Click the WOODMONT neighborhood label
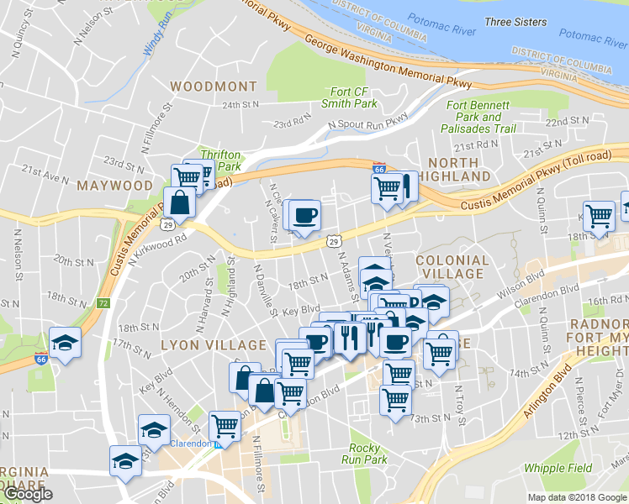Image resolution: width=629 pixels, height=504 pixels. [213, 87]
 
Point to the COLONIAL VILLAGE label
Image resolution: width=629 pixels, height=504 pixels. [451, 267]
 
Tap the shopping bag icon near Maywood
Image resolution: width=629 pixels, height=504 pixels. [181, 202]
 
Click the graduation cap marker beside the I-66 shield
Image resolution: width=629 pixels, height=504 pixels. [65, 343]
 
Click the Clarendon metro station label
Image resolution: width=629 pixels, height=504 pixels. [189, 443]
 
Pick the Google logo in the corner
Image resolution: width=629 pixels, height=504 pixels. [28, 494]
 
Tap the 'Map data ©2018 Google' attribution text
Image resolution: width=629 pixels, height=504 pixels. [577, 497]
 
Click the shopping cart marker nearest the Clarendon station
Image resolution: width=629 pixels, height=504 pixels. [225, 427]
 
